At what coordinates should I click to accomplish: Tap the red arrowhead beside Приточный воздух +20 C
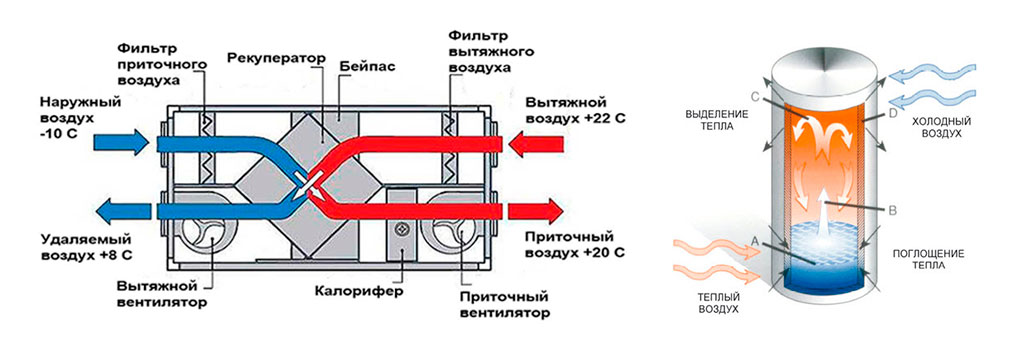[x=552, y=211]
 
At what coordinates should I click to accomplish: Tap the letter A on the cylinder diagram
[x=755, y=240]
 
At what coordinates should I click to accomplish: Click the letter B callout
[x=893, y=210]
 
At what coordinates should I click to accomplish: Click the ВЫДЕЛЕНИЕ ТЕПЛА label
[x=709, y=120]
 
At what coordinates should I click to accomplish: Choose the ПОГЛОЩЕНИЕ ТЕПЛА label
[x=917, y=260]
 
